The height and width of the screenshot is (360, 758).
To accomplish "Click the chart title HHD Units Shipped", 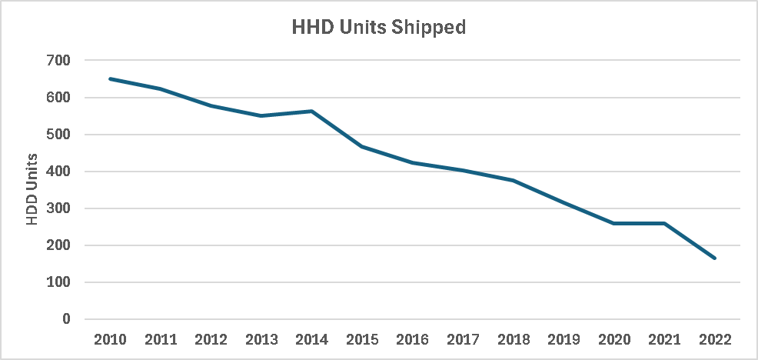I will tap(379, 28).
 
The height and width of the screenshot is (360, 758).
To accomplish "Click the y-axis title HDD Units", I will tap(32, 190).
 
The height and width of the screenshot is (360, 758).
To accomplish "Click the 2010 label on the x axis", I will tap(111, 338).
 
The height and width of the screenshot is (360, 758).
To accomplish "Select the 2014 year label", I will tap(312, 338).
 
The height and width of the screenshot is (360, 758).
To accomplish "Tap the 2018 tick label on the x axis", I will tap(514, 338).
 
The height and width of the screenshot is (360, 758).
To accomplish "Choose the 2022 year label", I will tap(715, 338).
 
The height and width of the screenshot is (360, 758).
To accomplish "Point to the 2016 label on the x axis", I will tap(413, 338).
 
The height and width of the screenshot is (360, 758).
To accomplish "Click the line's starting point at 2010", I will tap(111, 78).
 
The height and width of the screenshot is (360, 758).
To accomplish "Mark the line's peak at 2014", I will tap(312, 111).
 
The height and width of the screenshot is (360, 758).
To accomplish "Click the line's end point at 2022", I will tap(715, 258).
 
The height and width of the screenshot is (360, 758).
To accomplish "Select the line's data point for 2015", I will tap(362, 146).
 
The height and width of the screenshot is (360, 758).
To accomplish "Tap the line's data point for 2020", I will tap(614, 223).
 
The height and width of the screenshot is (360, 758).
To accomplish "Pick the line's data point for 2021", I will tap(664, 223).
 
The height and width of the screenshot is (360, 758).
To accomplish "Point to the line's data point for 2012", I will tap(211, 105).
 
